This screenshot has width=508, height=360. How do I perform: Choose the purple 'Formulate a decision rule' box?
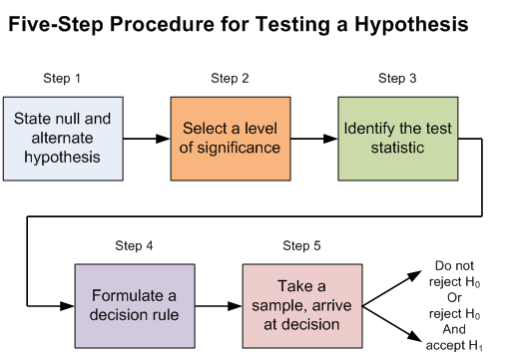pos(135,305)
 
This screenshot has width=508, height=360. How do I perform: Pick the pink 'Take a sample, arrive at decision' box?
pos(301,305)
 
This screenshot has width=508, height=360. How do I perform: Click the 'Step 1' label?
pos(63,78)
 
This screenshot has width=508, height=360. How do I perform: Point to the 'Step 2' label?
pos(230,78)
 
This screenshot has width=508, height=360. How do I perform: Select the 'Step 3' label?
pos(397,78)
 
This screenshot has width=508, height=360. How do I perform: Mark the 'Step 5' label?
pos(301,246)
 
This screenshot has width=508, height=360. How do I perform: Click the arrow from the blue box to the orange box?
pos(146,138)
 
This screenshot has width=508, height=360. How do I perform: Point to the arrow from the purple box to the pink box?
pos(218,305)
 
